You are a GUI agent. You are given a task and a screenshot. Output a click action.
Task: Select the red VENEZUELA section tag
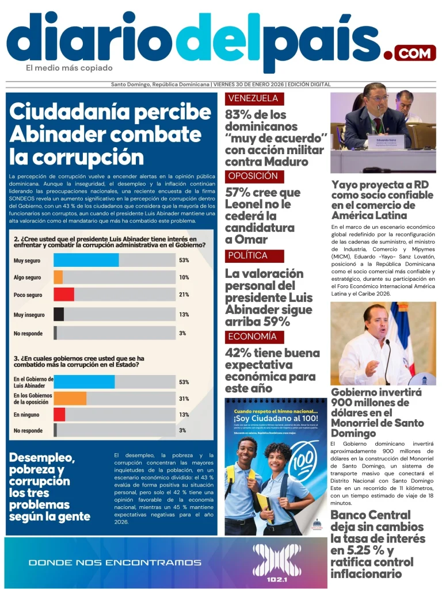point(254,98)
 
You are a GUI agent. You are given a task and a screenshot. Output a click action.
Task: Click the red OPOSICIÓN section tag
point(254,177)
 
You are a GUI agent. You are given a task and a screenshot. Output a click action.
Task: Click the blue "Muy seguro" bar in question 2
point(86,260)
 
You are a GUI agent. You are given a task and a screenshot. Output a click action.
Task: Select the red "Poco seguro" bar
point(64,294)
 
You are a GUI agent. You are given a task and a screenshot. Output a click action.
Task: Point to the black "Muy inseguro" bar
point(59,314)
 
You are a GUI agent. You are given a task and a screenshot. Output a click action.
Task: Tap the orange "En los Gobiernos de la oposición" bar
point(70,398)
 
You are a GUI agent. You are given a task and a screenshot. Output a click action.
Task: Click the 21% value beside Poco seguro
point(184,295)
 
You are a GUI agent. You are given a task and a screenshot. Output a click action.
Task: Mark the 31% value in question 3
point(184,399)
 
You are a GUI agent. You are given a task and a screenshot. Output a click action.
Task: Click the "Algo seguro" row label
point(27,277)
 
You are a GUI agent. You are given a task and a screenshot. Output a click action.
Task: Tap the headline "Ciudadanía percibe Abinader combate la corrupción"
point(109,134)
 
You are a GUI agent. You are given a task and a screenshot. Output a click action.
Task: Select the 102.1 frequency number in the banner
point(277,579)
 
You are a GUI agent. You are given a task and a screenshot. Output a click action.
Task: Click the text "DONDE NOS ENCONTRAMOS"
point(115,562)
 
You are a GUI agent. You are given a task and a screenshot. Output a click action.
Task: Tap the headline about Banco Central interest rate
point(378,544)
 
